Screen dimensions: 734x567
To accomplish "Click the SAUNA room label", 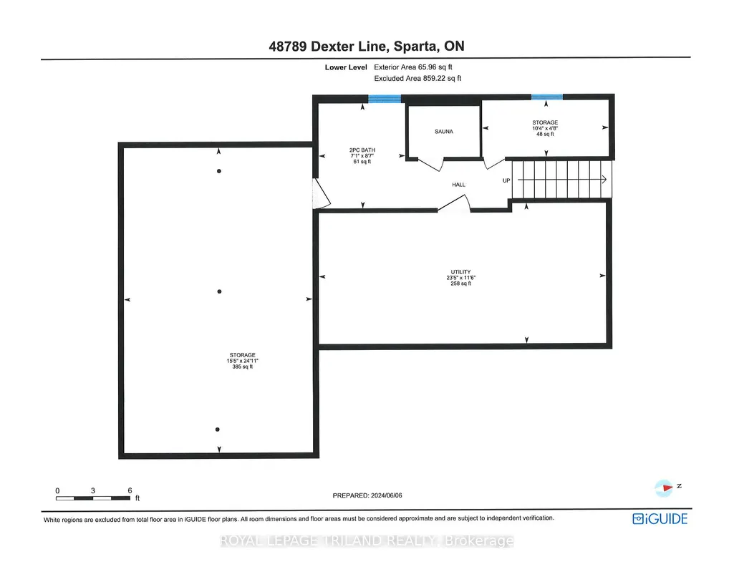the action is coord(444,132).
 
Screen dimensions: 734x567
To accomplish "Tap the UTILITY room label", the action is coord(460,272).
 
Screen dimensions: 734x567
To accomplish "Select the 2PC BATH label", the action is coord(362,150).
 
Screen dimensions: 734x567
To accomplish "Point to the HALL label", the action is coord(459,185).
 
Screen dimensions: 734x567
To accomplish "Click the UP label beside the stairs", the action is coord(506,180).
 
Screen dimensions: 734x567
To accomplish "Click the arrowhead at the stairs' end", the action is coord(604,179).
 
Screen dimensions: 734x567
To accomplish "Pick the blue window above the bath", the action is coord(385,99).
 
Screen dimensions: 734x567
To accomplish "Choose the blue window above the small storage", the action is coord(547,97).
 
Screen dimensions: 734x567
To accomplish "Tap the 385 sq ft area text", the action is coord(243,367).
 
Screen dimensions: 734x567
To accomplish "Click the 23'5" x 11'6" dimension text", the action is coord(460,278).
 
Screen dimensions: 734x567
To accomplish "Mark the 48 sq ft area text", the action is coord(545,134).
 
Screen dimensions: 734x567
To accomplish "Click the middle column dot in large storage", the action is coord(220,291).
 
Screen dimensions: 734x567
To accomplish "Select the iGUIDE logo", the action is coord(660,519).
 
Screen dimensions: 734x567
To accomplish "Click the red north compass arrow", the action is coord(667,488).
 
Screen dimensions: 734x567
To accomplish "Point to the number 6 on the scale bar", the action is coord(130,490).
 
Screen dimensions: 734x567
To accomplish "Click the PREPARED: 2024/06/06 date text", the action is coord(367,495).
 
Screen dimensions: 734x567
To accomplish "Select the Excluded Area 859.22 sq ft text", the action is coord(417,78).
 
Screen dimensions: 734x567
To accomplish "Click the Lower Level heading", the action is coord(346,67).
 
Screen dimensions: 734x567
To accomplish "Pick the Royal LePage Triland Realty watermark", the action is coord(367,541).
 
